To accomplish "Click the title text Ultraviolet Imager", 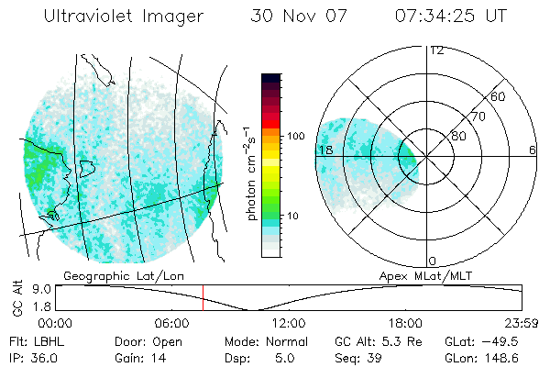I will tap(122, 17).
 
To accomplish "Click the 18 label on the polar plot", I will tap(324, 150).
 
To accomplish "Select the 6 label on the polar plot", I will tap(532, 150).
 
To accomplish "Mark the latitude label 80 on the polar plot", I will tap(458, 136).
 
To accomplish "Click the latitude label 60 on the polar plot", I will tap(499, 96).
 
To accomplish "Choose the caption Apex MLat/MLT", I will tap(425, 274).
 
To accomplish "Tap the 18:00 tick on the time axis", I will tap(405, 323).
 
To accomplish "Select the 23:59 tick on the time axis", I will tap(521, 323).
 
